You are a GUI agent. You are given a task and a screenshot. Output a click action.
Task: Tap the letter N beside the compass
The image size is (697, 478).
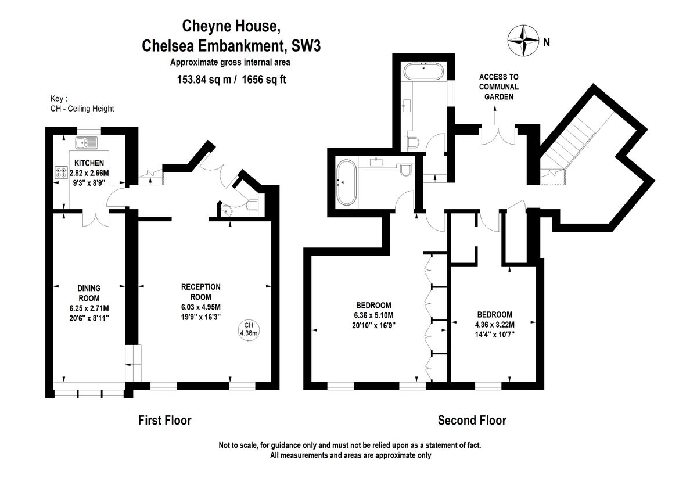546,41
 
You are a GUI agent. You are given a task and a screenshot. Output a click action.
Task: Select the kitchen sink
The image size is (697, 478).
86,142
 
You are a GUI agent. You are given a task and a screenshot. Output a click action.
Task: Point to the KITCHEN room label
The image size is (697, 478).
89,163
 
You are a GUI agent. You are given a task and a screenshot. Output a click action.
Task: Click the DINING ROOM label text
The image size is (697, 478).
89,293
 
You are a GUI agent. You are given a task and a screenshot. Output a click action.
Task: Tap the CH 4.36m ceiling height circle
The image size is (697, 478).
249,329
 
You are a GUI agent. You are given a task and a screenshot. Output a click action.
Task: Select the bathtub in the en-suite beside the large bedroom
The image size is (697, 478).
345,182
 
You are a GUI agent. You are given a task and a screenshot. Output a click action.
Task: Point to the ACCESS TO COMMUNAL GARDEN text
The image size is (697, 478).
499,87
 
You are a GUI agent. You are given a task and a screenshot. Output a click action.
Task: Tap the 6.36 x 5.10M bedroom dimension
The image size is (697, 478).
373,315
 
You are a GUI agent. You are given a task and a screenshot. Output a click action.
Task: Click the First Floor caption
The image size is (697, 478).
164,420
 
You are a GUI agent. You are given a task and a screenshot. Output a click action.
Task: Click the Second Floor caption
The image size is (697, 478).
472,420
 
